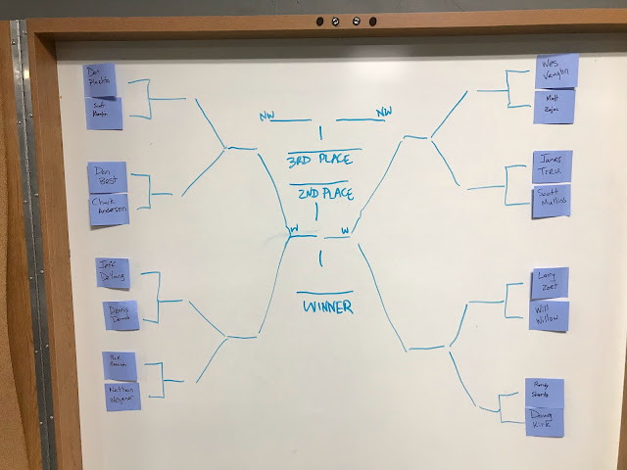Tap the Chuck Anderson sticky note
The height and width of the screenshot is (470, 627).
pyautogui.click(x=109, y=209)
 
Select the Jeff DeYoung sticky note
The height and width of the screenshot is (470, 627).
pyautogui.click(x=113, y=272)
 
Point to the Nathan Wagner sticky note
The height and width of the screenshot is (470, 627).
pyautogui.click(x=123, y=396)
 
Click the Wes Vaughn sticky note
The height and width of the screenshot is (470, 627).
pyautogui.click(x=556, y=70)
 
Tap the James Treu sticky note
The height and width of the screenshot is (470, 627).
pyautogui.click(x=553, y=166)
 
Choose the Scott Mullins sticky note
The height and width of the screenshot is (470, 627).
pyautogui.click(x=552, y=203)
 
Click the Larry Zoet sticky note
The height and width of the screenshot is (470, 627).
pyautogui.click(x=549, y=283)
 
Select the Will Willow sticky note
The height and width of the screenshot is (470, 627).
pyautogui.click(x=548, y=316)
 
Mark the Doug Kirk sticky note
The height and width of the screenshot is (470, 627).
pyautogui.click(x=545, y=421)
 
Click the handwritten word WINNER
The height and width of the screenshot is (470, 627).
pyautogui.click(x=326, y=306)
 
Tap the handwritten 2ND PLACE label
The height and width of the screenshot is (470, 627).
pyautogui.click(x=325, y=195)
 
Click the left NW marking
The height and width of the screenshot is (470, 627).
pyautogui.click(x=267, y=117)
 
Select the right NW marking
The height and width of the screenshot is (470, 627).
pyautogui.click(x=383, y=114)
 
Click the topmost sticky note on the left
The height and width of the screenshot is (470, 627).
pyautogui.click(x=100, y=80)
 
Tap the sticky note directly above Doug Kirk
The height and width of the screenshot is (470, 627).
pyautogui.click(x=543, y=391)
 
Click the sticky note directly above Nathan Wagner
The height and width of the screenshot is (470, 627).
pyautogui.click(x=121, y=364)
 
